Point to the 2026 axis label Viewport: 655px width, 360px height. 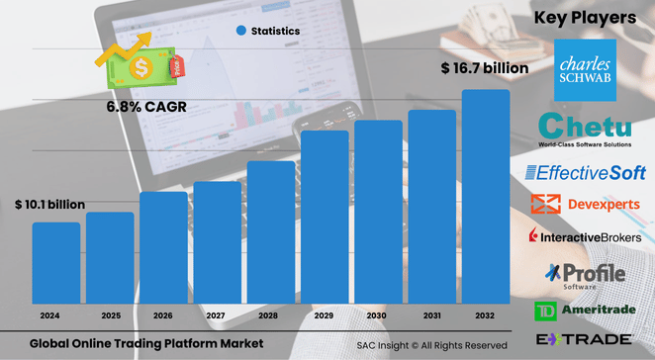point(163,316)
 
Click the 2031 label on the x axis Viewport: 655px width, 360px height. point(431,316)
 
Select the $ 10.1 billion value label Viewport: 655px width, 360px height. point(50,205)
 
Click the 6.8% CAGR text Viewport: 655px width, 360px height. point(146,106)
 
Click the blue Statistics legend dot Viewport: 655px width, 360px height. point(240,31)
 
